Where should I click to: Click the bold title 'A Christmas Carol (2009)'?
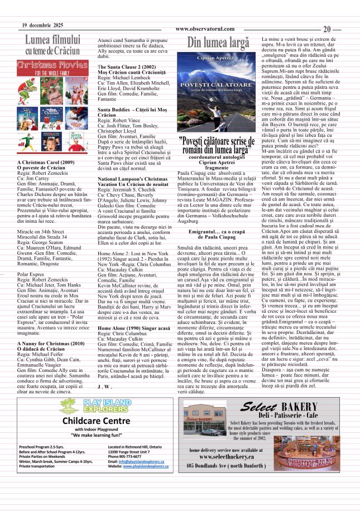point(46,163)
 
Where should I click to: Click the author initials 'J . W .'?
point(104,386)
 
